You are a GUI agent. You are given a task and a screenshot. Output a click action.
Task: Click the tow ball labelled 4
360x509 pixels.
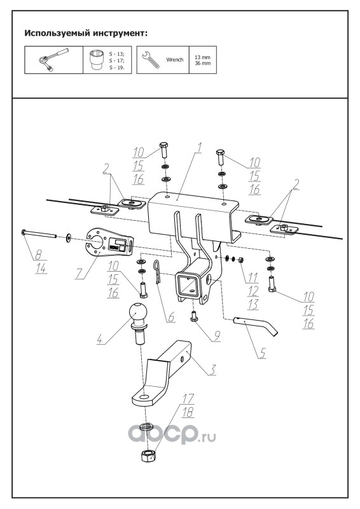click(138, 323)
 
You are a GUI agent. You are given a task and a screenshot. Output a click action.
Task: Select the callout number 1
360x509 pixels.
click(199, 148)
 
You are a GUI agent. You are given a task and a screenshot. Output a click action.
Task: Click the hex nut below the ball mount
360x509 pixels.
click(148, 456)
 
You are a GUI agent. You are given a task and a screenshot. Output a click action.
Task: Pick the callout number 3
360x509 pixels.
click(212, 370)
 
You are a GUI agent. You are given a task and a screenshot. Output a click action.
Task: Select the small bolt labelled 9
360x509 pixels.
click(195, 316)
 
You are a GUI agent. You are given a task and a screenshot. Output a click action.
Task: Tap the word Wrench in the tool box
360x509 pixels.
click(175, 60)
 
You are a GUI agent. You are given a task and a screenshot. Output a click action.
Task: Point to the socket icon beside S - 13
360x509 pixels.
click(97, 59)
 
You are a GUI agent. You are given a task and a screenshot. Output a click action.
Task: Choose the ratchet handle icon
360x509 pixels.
click(53, 60)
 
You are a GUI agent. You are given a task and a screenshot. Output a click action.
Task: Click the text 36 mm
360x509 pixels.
click(202, 63)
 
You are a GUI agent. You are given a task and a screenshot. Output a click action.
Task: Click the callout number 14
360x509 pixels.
click(41, 268)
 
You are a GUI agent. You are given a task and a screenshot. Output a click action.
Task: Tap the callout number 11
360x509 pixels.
click(253, 277)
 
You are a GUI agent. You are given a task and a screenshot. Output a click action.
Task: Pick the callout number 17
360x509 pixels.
click(188, 399)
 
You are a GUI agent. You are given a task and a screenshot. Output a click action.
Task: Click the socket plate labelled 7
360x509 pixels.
click(109, 242)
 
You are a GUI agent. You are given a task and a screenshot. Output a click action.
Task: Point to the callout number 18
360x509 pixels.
click(188, 412)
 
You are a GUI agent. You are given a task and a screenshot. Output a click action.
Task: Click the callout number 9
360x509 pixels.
click(216, 336)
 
